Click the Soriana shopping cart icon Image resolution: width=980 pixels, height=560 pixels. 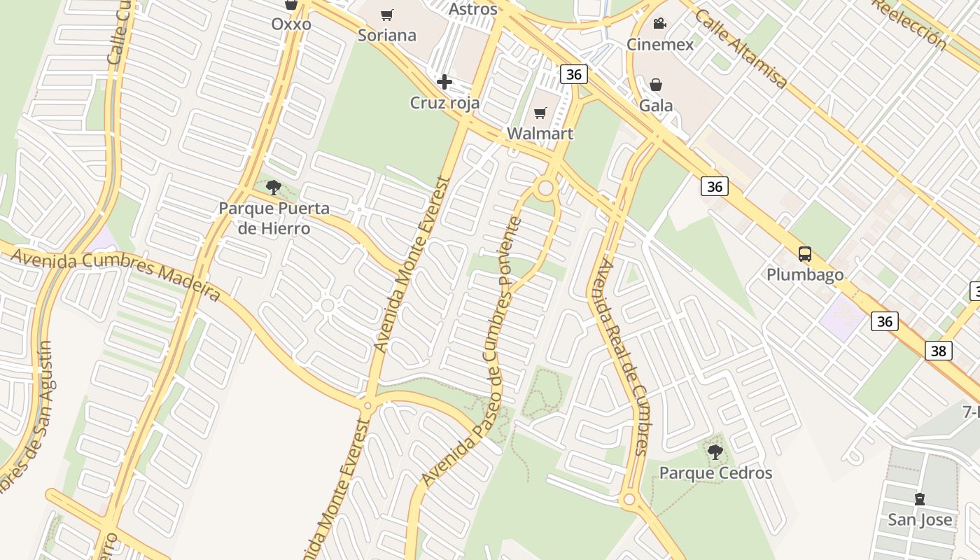[387, 15]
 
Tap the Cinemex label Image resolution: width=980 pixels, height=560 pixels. [659, 45]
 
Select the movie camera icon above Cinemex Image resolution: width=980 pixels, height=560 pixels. [659, 24]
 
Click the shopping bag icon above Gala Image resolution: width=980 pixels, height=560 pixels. [656, 85]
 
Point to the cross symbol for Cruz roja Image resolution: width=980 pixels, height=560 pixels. [444, 83]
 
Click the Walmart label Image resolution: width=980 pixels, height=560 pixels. [540, 134]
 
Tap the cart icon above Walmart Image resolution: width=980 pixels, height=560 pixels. [540, 113]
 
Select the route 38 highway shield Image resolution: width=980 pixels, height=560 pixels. [938, 351]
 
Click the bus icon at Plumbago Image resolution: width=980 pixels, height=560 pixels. [805, 254]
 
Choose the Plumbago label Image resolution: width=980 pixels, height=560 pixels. [805, 274]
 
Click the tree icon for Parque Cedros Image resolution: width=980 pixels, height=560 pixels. [715, 452]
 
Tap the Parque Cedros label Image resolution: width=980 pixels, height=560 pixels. [715, 473]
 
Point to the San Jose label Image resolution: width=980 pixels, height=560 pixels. [920, 520]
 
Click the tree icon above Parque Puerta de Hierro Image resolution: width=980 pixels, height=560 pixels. [274, 188]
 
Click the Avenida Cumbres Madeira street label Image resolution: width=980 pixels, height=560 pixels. [115, 273]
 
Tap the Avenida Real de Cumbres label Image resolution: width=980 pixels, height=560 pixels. [623, 357]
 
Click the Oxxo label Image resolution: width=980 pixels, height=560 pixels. [291, 24]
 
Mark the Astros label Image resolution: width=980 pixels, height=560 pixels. [472, 9]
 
